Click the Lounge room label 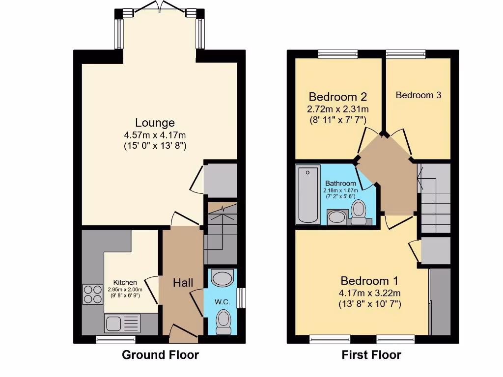(155, 123)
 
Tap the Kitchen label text (125, 282)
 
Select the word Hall (183, 283)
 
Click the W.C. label (223, 301)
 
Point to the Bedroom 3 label (418, 95)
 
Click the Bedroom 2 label (337, 96)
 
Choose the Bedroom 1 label (369, 281)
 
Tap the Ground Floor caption (160, 355)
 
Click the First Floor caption (371, 355)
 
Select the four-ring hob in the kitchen (93, 294)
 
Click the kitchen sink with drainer (122, 324)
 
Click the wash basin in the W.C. (222, 278)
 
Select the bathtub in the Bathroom (308, 195)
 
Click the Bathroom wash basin (336, 217)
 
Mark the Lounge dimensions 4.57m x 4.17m (155, 135)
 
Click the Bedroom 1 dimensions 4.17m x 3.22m (369, 294)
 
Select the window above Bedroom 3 (405, 54)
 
